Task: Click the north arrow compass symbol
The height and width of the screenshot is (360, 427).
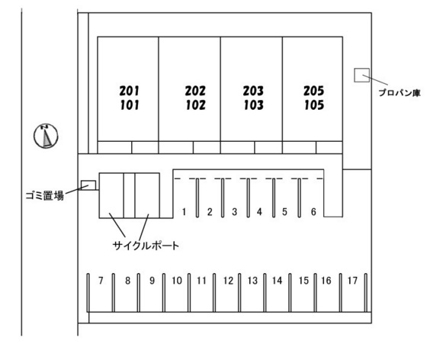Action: coord(46,136)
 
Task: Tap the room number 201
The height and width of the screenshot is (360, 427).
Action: coord(130,91)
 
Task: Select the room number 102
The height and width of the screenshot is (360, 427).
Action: coord(196,105)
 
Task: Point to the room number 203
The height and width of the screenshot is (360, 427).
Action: coord(253,91)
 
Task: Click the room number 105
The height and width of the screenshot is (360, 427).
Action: coord(314,105)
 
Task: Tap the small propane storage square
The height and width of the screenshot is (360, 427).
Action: coord(362,76)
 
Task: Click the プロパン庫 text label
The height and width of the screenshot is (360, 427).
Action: coord(400,93)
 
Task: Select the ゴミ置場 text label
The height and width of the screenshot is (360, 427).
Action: coord(45,195)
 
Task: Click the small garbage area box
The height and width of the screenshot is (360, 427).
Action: coord(88,185)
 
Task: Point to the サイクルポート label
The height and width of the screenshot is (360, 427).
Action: coord(146,246)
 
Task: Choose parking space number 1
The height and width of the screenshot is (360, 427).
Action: coord(184,211)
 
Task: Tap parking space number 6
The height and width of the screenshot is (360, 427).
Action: coord(313,211)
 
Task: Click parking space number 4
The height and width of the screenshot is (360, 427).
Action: coord(259,211)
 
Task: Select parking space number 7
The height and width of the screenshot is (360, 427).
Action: coord(101,281)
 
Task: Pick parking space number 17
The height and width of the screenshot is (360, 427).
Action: coord(352,281)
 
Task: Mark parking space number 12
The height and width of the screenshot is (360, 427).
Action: coord(228,281)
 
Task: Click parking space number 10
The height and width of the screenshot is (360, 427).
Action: coord(177,281)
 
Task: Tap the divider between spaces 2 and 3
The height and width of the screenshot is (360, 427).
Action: coord(223,198)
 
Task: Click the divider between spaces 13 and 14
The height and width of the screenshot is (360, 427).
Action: coord(265,293)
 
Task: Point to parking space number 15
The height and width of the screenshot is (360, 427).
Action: coord(303,281)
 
